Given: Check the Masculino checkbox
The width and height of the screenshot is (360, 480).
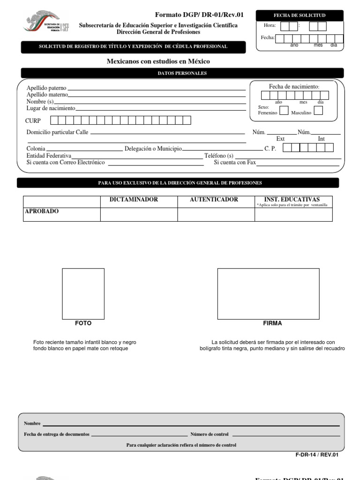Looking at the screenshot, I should point(318,111).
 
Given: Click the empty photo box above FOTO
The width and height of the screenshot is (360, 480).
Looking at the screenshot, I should point(83,293).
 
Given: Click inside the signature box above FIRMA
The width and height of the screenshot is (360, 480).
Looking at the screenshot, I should point(268,293).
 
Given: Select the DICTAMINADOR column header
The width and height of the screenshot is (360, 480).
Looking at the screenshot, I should point(134,200).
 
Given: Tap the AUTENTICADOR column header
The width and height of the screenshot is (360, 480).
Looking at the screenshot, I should point(214,200).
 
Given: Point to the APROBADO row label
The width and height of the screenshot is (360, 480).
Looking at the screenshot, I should point(42,211).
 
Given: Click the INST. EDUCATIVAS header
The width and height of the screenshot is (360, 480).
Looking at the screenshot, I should point(292,200).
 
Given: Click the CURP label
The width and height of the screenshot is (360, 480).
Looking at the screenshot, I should point(33,121).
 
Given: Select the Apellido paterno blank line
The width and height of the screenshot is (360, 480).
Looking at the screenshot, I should point(157,89).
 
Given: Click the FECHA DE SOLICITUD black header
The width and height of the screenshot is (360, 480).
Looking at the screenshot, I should point(300,15).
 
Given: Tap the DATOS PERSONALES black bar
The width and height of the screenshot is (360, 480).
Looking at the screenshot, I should point(182,73).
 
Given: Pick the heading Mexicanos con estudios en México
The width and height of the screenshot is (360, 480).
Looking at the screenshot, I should point(158,61).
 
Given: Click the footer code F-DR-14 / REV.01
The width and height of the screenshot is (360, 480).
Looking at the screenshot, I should point(317,455).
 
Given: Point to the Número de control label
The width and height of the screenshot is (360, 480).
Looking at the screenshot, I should point(210,435).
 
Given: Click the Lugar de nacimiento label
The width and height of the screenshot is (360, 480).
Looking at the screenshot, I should point(51,108).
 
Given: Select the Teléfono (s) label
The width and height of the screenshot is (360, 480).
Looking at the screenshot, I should point(219,156).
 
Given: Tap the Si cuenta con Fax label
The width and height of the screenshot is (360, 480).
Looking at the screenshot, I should point(235,163).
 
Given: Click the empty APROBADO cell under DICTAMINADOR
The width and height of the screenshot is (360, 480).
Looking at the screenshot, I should point(139,215).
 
